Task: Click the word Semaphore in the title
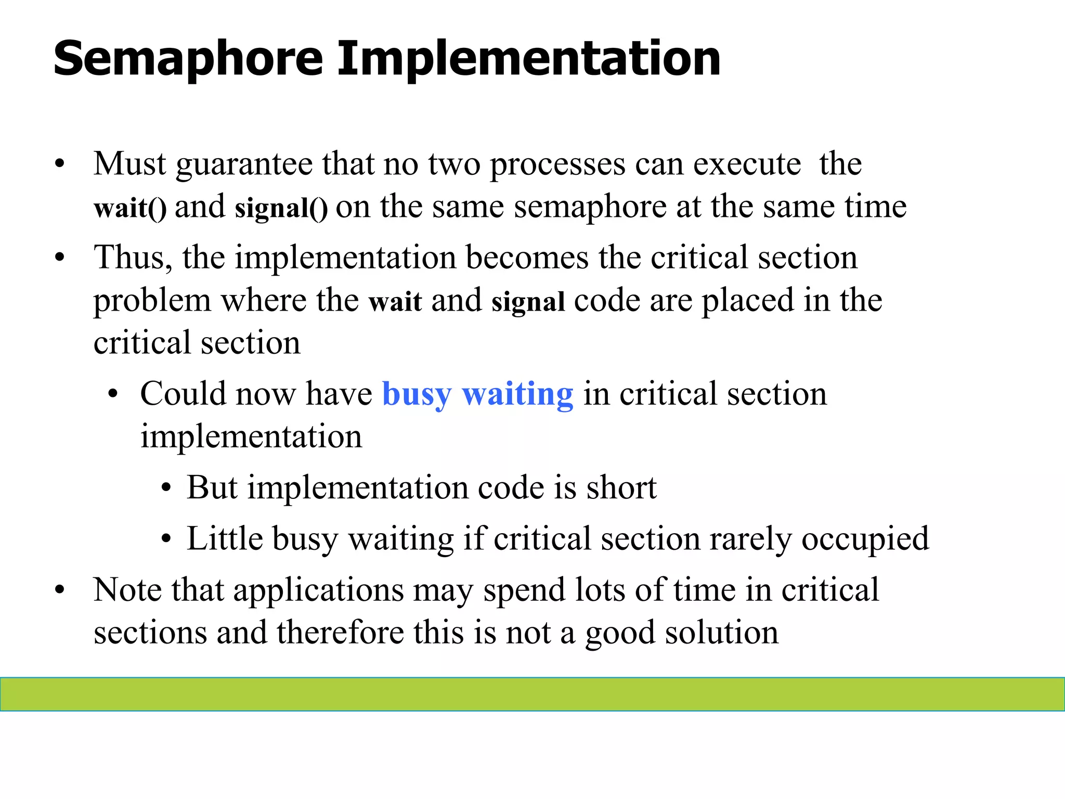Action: coord(188,60)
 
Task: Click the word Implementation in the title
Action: coord(528,60)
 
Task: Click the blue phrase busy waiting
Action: coord(477,394)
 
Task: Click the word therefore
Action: coord(340,633)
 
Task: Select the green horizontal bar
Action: coord(532,694)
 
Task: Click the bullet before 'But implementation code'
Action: coord(166,489)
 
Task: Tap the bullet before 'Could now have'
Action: coord(113,395)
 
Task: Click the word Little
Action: coord(225,538)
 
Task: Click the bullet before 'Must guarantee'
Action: coord(60,165)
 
